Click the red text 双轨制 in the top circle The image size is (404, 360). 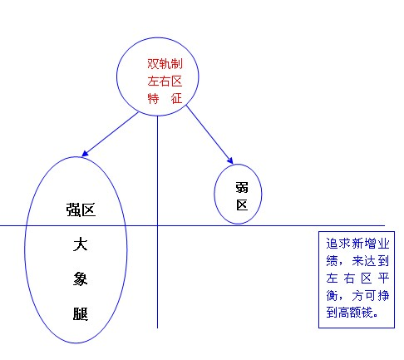point(165,64)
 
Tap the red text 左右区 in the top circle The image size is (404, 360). point(165,81)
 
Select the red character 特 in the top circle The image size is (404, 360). point(153,98)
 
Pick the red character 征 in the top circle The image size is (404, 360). point(176,98)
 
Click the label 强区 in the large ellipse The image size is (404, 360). point(81,210)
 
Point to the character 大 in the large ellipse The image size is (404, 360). point(81,244)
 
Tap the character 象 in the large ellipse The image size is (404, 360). point(81,279)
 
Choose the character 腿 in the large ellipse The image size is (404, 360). point(81,313)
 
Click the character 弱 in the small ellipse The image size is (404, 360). point(242,187)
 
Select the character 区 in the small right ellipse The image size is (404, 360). point(242,205)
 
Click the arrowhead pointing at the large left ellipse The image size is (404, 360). point(85,154)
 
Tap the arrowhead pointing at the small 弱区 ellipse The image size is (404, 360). point(230,160)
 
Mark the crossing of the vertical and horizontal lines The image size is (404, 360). point(157,225)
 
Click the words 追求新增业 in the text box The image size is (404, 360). point(357,244)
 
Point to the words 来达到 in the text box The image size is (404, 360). point(371,261)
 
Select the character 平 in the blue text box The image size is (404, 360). point(383,278)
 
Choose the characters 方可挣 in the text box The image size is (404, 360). point(371,295)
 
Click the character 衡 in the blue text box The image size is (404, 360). point(332,295)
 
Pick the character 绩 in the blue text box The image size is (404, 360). point(332,261)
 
